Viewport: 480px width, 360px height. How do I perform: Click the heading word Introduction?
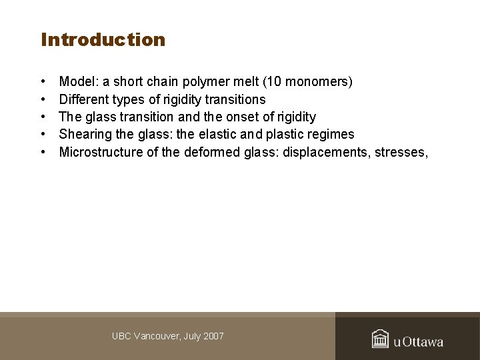(103, 40)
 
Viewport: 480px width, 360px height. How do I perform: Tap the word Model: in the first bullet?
(75, 82)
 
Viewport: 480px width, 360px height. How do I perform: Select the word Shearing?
(83, 135)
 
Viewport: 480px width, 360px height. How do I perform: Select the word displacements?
(326, 152)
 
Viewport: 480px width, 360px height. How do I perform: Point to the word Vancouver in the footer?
(156, 336)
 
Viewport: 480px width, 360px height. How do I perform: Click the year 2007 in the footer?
(213, 336)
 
